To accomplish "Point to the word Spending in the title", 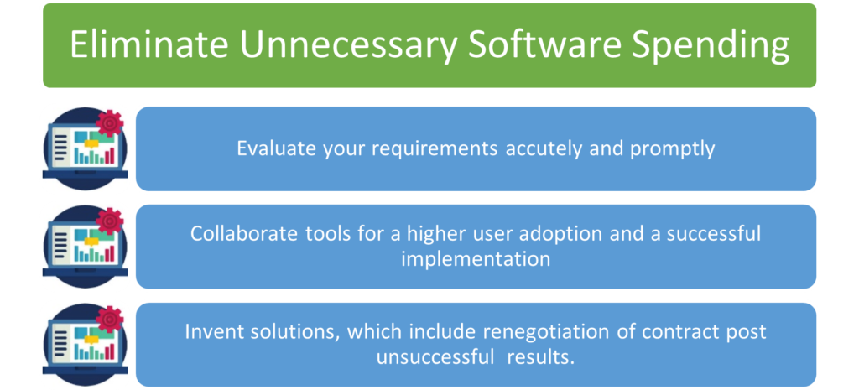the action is (711, 46).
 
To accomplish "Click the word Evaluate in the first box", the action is (267, 149).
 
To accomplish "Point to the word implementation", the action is (476, 258).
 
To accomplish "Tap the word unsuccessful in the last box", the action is (435, 356).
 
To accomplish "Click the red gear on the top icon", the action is (110, 123).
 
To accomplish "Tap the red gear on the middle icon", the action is (110, 221).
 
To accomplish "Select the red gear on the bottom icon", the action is (110, 320).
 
